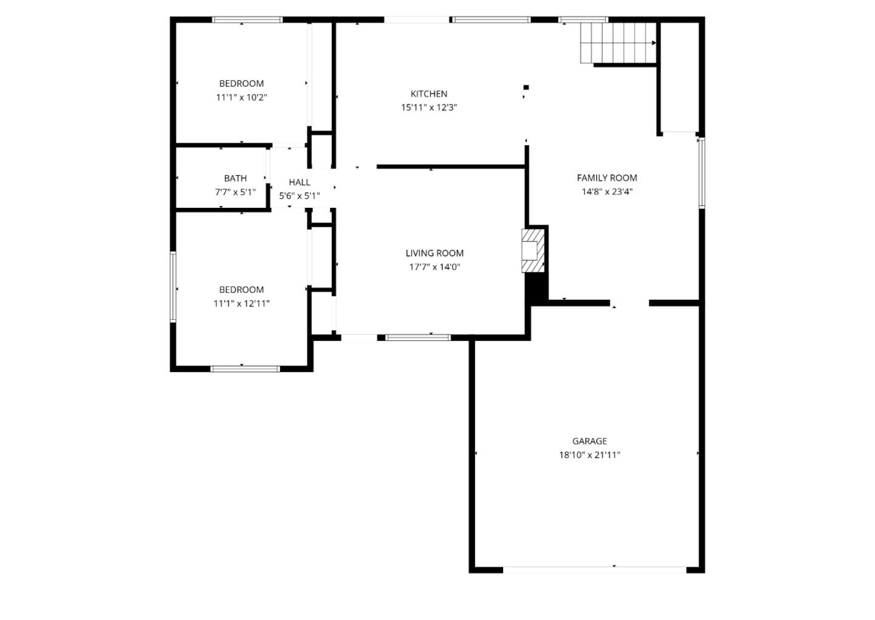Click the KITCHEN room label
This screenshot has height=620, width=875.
(x=429, y=94)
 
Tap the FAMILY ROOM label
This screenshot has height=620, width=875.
(x=606, y=177)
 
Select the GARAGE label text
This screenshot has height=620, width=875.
(x=589, y=441)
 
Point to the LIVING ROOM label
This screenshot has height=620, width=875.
(x=434, y=253)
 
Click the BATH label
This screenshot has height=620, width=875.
(x=235, y=178)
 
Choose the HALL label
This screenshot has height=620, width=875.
(x=300, y=182)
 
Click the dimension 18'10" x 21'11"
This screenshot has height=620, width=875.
(x=589, y=455)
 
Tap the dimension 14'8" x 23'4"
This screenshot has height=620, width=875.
(x=606, y=191)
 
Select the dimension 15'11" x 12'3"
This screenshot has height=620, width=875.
(x=429, y=108)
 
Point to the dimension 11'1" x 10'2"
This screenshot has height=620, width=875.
(x=242, y=97)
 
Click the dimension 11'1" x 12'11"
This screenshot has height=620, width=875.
(x=242, y=303)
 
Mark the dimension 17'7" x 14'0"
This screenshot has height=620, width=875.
(x=434, y=267)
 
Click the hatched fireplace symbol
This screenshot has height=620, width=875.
(x=532, y=250)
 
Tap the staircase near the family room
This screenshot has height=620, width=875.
(x=617, y=43)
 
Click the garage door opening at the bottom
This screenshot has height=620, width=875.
(x=595, y=570)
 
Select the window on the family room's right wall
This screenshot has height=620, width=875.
(x=701, y=173)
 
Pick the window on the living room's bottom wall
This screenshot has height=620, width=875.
(x=418, y=337)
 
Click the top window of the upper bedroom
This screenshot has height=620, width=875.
(x=247, y=20)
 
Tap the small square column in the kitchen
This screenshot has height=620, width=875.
(x=526, y=88)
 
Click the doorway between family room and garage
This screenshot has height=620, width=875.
(x=630, y=303)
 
